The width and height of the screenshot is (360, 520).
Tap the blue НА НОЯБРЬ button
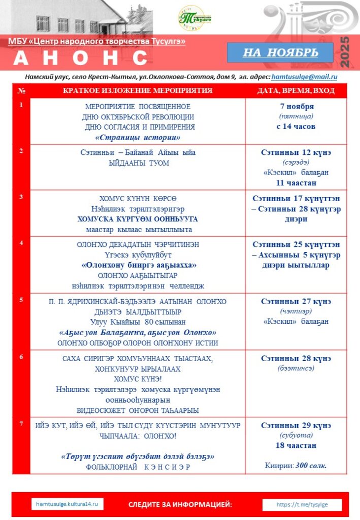[280, 52]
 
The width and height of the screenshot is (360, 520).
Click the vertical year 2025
[345, 52]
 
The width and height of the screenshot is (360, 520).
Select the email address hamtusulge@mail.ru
[305, 77]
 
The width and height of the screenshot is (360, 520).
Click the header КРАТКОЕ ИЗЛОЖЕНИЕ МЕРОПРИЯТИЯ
[138, 90]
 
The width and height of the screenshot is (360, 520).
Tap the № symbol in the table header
[21, 90]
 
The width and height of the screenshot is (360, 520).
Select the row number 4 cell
[21, 243]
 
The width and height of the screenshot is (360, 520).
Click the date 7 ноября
[297, 106]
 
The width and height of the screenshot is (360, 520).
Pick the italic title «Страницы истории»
[138, 137]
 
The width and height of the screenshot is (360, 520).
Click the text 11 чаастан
[297, 183]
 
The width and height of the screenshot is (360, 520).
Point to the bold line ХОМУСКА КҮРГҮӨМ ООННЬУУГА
[138, 219]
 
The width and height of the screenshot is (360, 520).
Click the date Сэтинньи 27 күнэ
[297, 301]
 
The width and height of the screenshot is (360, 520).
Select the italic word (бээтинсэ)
[297, 368]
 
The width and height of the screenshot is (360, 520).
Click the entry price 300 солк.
[311, 465]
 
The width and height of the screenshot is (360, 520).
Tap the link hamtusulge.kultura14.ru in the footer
[67, 504]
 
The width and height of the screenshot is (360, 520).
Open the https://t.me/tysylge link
[302, 505]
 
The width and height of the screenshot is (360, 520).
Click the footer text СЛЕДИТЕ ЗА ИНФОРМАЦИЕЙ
[180, 505]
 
